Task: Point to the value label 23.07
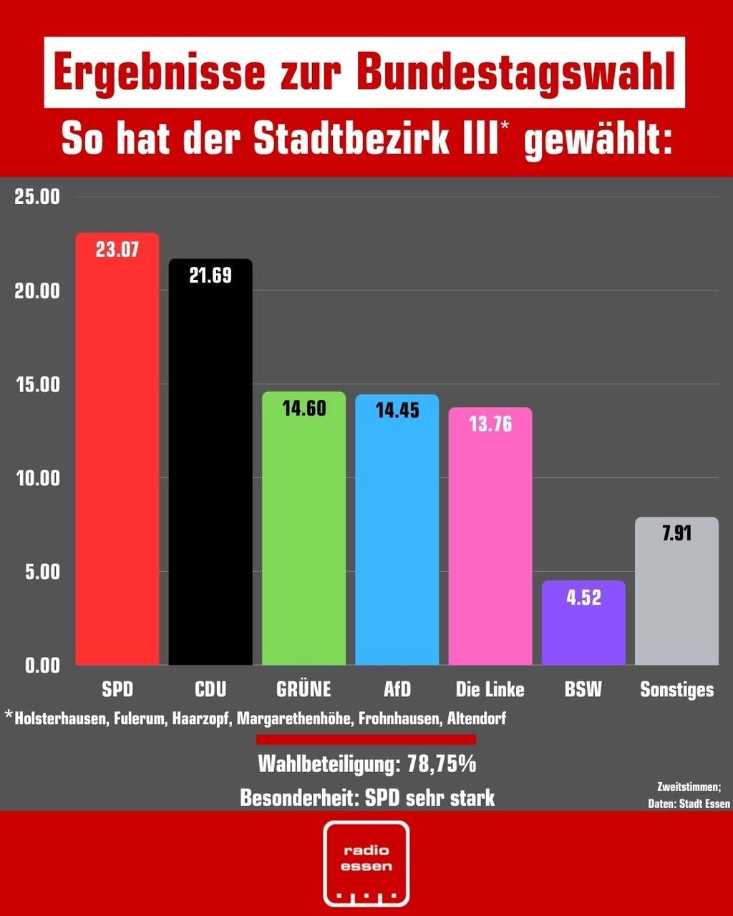(117, 250)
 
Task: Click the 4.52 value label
(583, 598)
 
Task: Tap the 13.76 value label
(490, 424)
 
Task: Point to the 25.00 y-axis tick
(37, 198)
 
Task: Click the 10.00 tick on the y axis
(37, 478)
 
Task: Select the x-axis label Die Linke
(490, 690)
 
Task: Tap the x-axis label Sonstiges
(676, 690)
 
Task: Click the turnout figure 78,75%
(442, 764)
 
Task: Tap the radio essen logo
(366, 863)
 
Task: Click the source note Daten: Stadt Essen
(689, 804)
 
